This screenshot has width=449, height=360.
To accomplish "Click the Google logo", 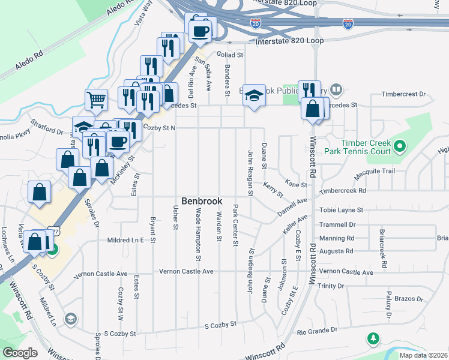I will click(x=20, y=353).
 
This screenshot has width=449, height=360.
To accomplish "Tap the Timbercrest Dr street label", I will click(x=404, y=94).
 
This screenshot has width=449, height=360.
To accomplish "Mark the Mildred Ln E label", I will click(x=125, y=240).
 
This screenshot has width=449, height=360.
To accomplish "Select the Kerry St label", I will click(x=273, y=190).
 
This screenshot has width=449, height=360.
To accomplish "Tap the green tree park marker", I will click(x=373, y=338).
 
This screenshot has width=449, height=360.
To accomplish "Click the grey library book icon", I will click(x=336, y=91).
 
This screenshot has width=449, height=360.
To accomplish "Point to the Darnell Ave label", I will click(x=292, y=207).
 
